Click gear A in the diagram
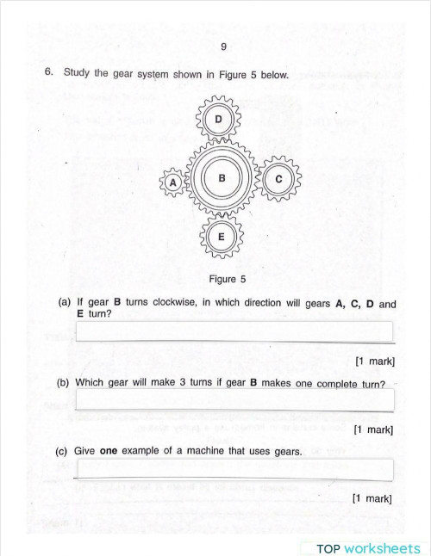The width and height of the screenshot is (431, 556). pyautogui.click(x=173, y=182)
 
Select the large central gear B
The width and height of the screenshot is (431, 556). pyautogui.click(x=222, y=179)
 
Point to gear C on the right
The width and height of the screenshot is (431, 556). pyautogui.click(x=278, y=180)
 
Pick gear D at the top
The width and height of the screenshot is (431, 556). pyautogui.click(x=219, y=119)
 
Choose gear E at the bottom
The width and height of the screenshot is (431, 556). pyautogui.click(x=222, y=237)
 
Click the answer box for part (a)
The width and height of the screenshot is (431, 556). pyautogui.click(x=234, y=331)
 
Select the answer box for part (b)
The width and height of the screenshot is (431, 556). pyautogui.click(x=234, y=399)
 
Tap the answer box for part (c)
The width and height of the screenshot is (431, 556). pyautogui.click(x=234, y=468)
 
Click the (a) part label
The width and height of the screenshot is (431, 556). pyautogui.click(x=65, y=303)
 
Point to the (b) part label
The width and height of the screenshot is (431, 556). pyautogui.click(x=63, y=383)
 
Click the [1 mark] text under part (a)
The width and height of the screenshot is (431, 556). pyautogui.click(x=374, y=361)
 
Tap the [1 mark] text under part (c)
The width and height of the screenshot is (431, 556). pyautogui.click(x=372, y=498)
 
